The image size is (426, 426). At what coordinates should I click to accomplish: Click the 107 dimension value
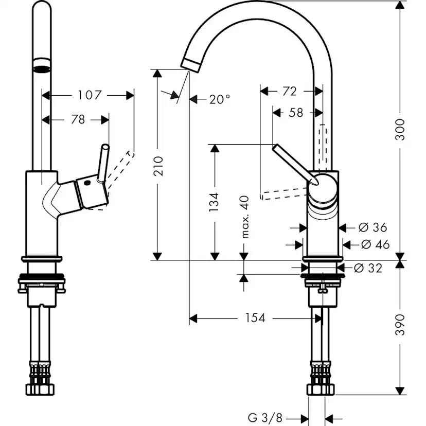(x=90, y=95)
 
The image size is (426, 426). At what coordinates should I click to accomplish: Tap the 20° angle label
(x=220, y=99)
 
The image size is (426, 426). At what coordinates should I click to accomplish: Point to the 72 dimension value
(x=290, y=91)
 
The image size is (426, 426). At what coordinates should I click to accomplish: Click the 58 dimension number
(x=296, y=113)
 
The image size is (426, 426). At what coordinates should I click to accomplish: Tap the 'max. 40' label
(x=244, y=216)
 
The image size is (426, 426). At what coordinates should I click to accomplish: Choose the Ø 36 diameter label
(x=373, y=227)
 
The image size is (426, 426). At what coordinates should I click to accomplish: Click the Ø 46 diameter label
(x=375, y=244)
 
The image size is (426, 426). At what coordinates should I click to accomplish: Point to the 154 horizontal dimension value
(x=255, y=318)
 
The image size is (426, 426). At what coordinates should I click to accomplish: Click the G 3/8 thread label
(x=266, y=417)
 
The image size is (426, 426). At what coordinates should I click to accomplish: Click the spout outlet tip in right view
(x=190, y=64)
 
